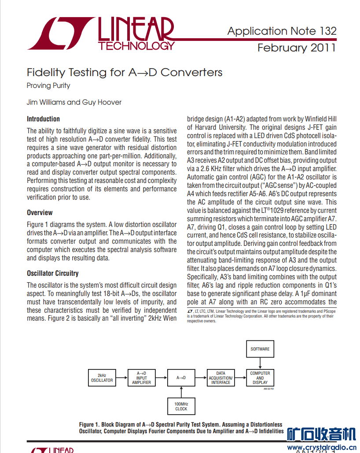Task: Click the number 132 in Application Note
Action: point(327,31)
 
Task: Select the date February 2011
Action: point(297,47)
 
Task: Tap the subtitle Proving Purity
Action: point(48,85)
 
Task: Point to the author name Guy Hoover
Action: point(102,102)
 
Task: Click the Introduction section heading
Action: point(43,119)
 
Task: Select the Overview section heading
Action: point(40,212)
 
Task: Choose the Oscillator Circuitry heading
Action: point(52,273)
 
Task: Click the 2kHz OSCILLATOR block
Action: point(102,378)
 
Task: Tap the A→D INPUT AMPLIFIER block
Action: point(141,378)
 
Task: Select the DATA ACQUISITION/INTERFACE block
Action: point(220,378)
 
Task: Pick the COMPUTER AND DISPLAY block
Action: point(260,378)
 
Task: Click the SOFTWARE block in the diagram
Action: point(260,349)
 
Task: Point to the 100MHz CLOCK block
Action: point(181,406)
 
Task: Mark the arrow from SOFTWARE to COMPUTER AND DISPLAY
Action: point(260,363)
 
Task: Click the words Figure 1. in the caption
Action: point(89,424)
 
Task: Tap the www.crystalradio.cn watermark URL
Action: point(322,448)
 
